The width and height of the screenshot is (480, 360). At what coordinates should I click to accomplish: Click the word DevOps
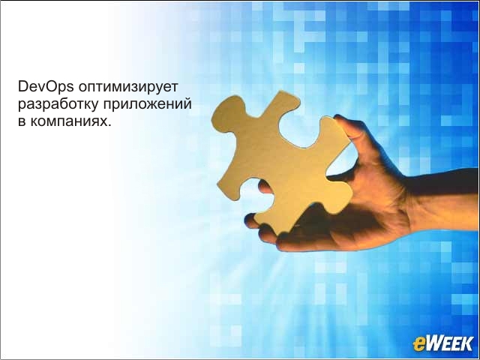pyautogui.click(x=46, y=87)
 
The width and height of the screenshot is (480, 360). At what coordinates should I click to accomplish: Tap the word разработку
pyautogui.click(x=58, y=105)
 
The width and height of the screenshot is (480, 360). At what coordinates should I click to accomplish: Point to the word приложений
pyautogui.click(x=147, y=104)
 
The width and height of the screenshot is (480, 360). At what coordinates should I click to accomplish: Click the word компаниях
pyautogui.click(x=68, y=121)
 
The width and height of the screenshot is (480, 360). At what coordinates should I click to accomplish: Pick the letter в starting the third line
pyautogui.click(x=22, y=121)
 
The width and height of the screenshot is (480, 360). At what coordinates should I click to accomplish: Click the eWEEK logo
pyautogui.click(x=442, y=343)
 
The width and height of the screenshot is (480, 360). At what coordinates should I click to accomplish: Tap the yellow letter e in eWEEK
pyautogui.click(x=418, y=345)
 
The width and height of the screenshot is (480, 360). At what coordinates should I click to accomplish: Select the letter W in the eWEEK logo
pyautogui.click(x=435, y=343)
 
